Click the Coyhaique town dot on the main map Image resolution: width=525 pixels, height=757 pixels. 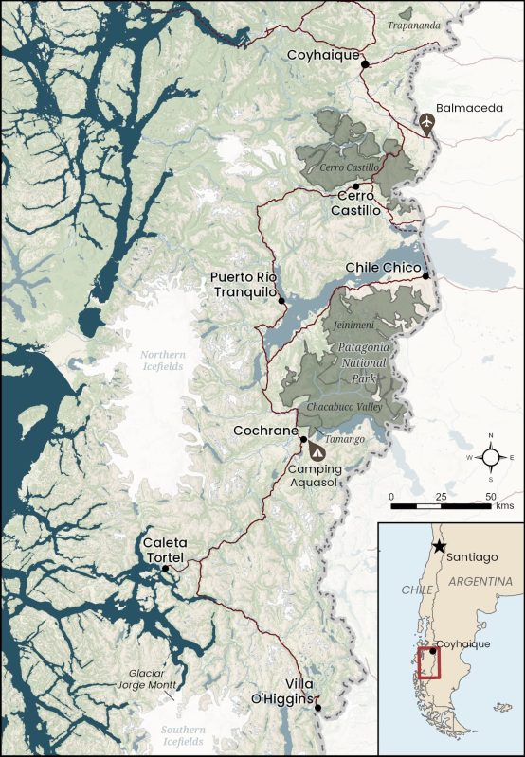(364, 62)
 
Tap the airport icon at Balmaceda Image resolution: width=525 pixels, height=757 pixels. (427, 123)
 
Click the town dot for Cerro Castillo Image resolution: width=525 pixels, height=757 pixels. (355, 186)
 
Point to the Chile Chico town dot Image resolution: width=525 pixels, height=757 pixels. (426, 276)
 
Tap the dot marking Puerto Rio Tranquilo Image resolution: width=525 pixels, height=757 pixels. (281, 301)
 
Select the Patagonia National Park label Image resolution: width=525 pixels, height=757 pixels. (357, 362)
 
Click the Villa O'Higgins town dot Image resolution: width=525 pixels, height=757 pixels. (318, 707)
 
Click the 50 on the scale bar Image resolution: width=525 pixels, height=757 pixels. (490, 496)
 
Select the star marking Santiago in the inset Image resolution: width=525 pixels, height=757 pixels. (439, 547)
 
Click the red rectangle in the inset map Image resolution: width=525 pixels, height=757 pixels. (429, 661)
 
